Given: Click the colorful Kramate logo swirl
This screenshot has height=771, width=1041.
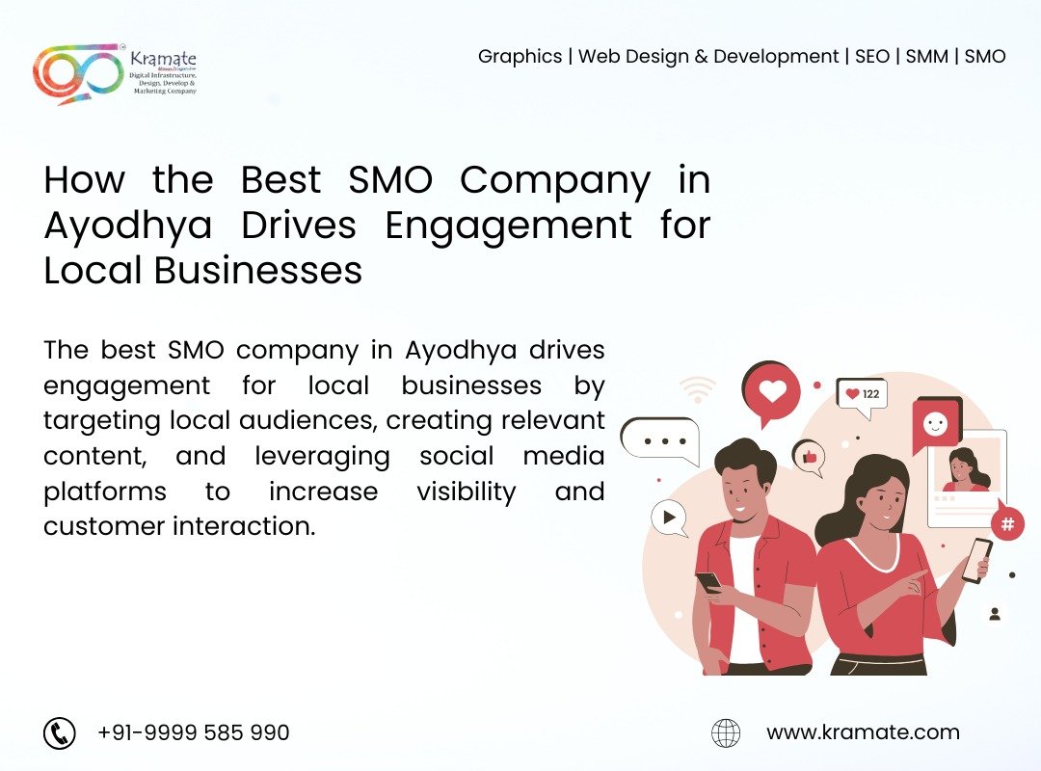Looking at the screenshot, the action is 76,73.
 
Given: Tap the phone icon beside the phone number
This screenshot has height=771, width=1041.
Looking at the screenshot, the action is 60,733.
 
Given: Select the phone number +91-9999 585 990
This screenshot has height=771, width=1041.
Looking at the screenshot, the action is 193,732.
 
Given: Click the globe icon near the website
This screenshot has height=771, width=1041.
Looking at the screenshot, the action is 726,733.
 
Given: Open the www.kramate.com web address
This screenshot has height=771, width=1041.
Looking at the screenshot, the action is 863,731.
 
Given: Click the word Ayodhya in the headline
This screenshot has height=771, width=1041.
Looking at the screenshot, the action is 128,226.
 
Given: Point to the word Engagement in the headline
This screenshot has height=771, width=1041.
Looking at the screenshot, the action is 508,226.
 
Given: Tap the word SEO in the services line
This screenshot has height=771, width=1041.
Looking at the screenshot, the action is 871,57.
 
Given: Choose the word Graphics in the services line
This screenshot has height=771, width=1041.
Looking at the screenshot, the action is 520,57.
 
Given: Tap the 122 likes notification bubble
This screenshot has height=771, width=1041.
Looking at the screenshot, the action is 863,396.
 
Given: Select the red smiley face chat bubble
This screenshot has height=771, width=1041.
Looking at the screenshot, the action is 936,424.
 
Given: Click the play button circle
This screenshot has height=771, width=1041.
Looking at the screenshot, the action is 669,517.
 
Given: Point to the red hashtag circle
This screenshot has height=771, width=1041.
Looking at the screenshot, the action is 1007,523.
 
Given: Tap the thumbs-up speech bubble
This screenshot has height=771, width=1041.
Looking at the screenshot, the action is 810,457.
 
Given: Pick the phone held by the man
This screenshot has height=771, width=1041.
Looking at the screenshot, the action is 708,581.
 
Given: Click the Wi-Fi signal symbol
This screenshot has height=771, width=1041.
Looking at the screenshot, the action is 697,389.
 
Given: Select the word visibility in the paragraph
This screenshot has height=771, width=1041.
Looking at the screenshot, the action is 467,492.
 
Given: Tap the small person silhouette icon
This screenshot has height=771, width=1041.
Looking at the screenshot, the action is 995,614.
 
